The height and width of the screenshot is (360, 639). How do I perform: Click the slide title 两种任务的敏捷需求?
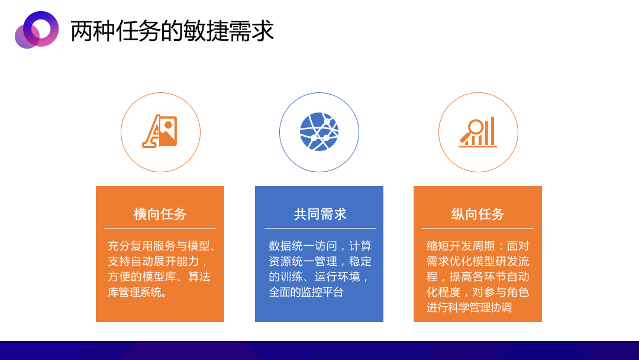coord(172,31)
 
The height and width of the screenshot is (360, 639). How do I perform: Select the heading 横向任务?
coord(160,214)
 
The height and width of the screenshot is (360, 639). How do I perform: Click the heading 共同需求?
coord(320,214)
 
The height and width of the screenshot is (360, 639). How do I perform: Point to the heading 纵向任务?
coord(477,214)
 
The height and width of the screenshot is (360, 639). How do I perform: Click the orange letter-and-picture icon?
coord(160,131)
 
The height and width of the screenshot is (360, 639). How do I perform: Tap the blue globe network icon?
coord(319,131)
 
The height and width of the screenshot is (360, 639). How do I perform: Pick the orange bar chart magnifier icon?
coord(477,131)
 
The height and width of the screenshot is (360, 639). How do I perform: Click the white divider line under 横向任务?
coord(160,229)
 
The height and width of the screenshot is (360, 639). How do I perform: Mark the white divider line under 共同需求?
coord(320,229)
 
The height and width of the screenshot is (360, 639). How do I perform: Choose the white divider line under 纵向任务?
coord(477,229)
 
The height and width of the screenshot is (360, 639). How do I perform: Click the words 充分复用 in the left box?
coord(130,246)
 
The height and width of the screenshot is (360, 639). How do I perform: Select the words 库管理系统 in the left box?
coord(135,292)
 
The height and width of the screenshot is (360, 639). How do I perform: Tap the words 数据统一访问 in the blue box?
coord(303,246)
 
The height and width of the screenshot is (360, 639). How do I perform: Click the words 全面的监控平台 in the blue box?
coord(306,292)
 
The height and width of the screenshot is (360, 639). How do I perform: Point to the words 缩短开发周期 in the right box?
coord(460,246)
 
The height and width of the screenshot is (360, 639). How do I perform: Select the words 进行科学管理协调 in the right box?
coord(469,307)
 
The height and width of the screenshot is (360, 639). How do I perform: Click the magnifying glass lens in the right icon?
coord(475,127)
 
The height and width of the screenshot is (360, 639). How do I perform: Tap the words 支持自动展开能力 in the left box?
coord(153,261)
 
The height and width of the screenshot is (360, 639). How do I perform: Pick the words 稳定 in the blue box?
coord(360,261)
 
